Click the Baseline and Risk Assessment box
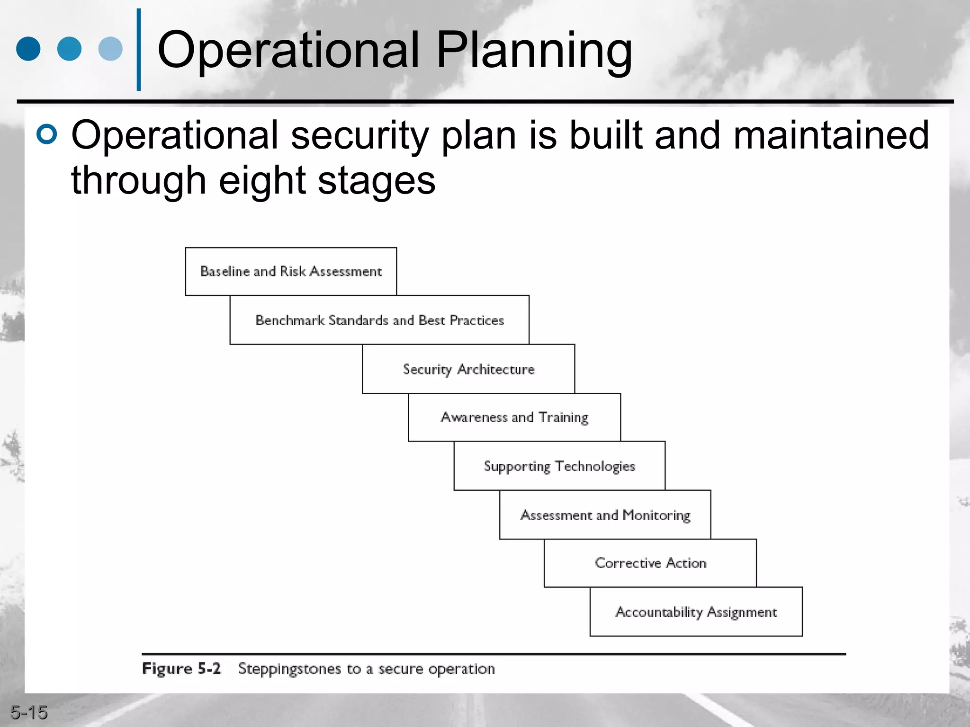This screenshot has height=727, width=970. pyautogui.click(x=291, y=271)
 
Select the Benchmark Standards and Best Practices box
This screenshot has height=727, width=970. pyautogui.click(x=379, y=320)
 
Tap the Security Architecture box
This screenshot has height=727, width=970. pyautogui.click(x=468, y=369)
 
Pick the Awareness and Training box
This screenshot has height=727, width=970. pyautogui.click(x=514, y=417)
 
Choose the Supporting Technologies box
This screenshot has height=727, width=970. pyautogui.click(x=559, y=466)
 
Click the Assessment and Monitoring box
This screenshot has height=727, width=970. pyautogui.click(x=605, y=514)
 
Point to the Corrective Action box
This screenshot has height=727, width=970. pyautogui.click(x=650, y=563)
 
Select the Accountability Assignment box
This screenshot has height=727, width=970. pyautogui.click(x=696, y=612)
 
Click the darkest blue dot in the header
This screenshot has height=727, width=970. pyautogui.click(x=28, y=49)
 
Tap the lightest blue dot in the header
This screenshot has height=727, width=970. pyautogui.click(x=110, y=49)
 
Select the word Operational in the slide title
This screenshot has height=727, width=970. pyautogui.click(x=289, y=50)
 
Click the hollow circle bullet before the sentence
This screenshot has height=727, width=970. pyautogui.click(x=46, y=134)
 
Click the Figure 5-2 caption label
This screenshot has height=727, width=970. pyautogui.click(x=181, y=668)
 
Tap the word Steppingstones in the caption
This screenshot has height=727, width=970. pyautogui.click(x=289, y=669)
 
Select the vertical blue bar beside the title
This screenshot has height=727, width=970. pyautogui.click(x=139, y=50)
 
